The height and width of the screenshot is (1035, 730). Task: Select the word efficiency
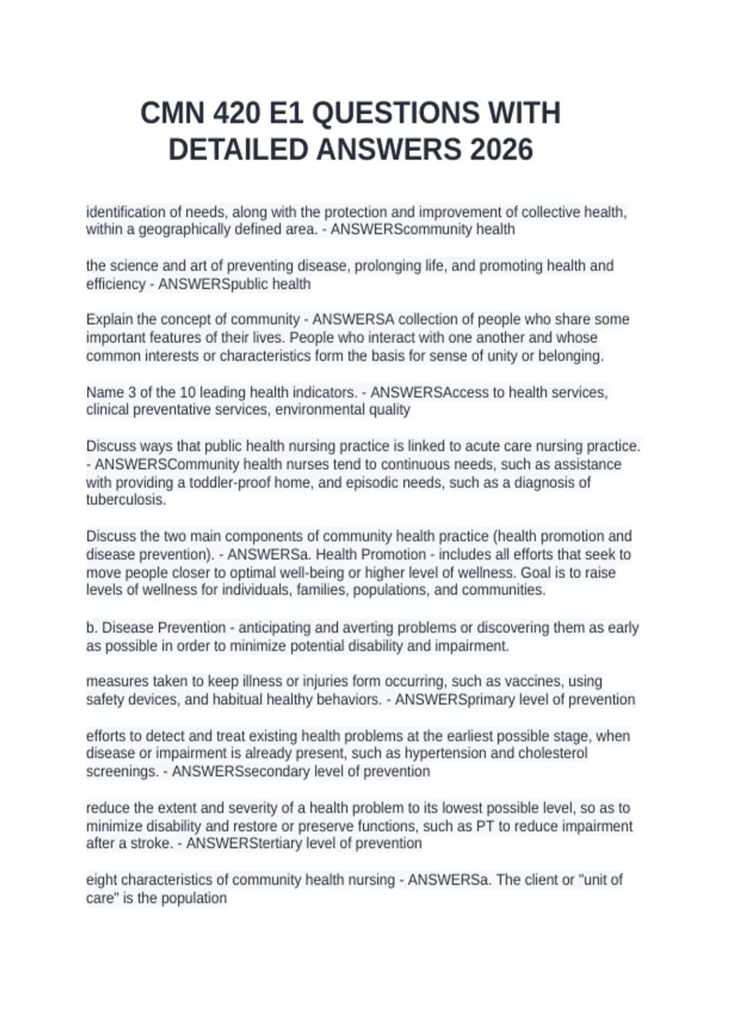116,284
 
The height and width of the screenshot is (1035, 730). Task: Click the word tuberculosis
125,500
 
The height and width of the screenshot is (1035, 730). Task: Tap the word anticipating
277,628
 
